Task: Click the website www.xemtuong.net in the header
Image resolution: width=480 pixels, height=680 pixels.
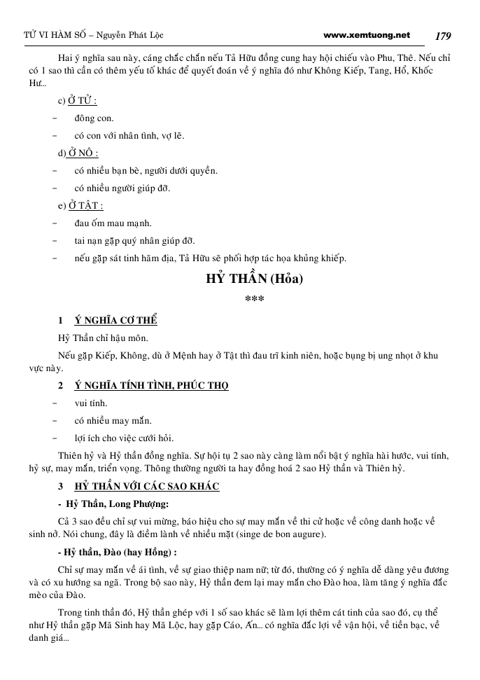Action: [x=367, y=34]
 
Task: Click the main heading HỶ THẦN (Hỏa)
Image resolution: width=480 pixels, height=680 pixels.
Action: [x=254, y=279]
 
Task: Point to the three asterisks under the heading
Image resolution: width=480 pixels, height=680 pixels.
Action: [x=254, y=299]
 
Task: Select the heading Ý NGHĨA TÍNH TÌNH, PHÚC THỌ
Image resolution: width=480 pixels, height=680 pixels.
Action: [x=152, y=385]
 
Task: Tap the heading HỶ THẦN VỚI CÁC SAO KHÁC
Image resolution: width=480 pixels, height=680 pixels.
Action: [x=147, y=486]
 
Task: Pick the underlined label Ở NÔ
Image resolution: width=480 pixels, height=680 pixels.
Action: [x=83, y=153]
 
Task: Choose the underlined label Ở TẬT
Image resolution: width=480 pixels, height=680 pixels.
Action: [x=85, y=206]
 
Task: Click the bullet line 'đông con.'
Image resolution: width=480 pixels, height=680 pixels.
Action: [x=94, y=118]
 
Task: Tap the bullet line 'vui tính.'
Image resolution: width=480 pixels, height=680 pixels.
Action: [x=91, y=403]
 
